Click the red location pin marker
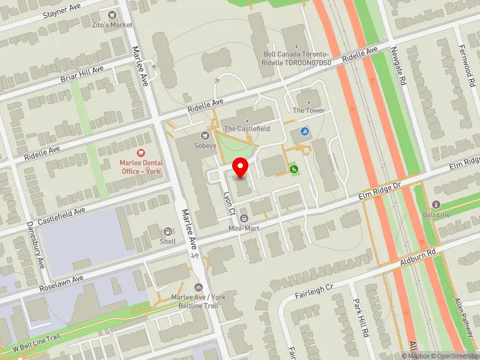pyautogui.click(x=241, y=167)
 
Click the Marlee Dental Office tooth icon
pyautogui.click(x=141, y=154)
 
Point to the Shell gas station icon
pyautogui.click(x=168, y=232)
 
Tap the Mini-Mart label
pyautogui.click(x=244, y=229)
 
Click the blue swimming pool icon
pyautogui.click(x=305, y=132)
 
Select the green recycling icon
pyautogui.click(x=293, y=170)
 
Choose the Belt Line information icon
pyautogui.click(x=436, y=205)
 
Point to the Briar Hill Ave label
pyautogui.click(x=82, y=74)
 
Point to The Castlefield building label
pyautogui.click(x=247, y=129)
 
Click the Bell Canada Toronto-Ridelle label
pyautogui.click(x=298, y=58)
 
